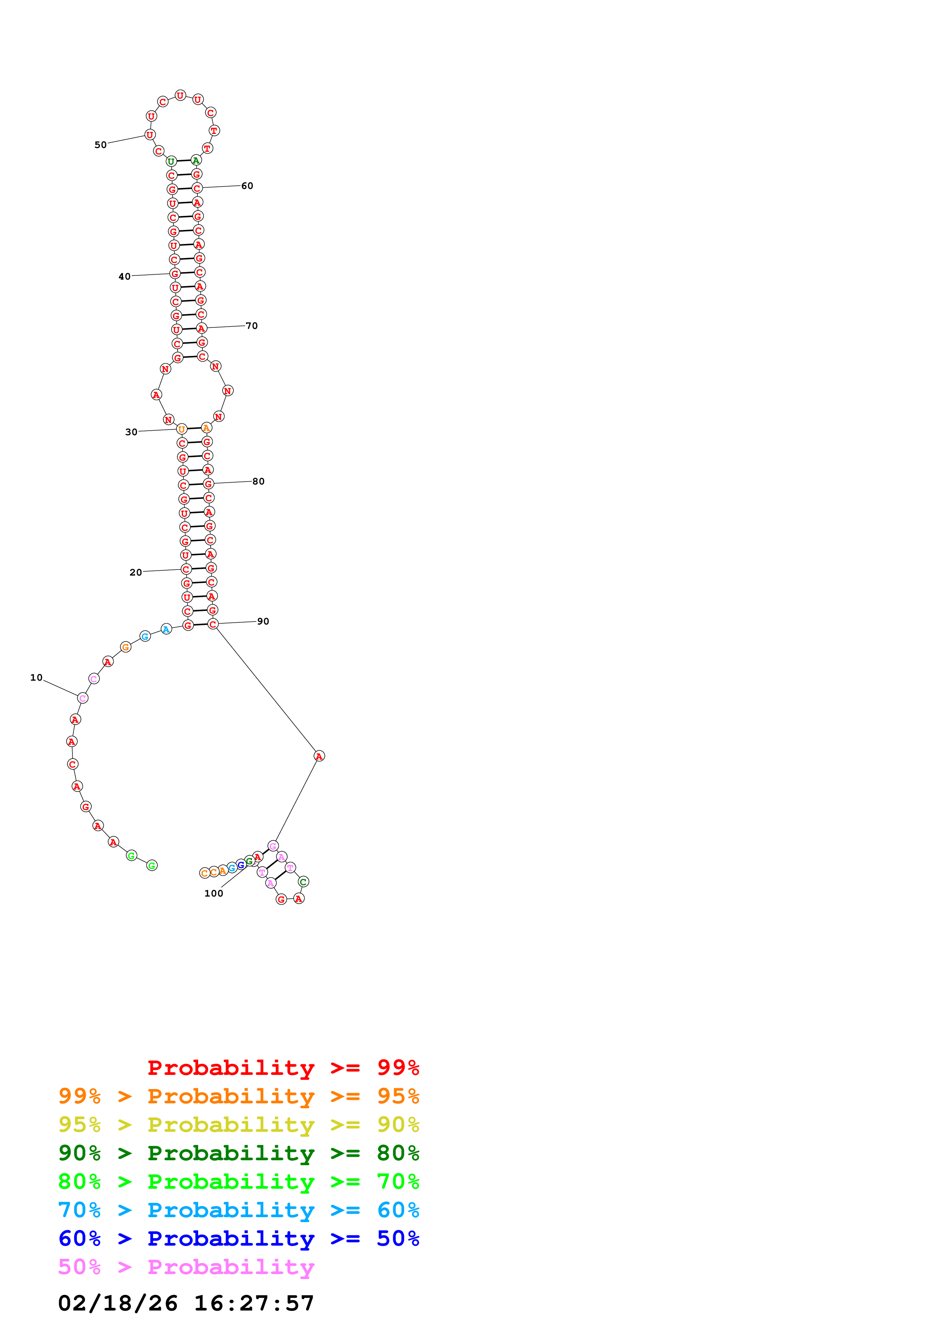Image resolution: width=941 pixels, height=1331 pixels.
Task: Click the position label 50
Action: coord(100,145)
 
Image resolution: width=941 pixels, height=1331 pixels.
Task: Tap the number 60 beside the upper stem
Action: coord(247,186)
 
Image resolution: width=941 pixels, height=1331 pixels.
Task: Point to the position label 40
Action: coord(124,277)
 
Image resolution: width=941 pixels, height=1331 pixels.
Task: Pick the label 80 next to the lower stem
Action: coord(258,481)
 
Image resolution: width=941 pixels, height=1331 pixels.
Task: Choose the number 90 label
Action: coord(263,621)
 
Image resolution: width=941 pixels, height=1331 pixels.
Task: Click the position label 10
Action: coord(36,677)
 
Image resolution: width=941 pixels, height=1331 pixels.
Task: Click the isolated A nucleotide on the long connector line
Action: coord(319,756)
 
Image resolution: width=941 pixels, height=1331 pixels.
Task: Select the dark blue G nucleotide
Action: coord(241,865)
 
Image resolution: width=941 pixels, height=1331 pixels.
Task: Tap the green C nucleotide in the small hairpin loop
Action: coord(303,882)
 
